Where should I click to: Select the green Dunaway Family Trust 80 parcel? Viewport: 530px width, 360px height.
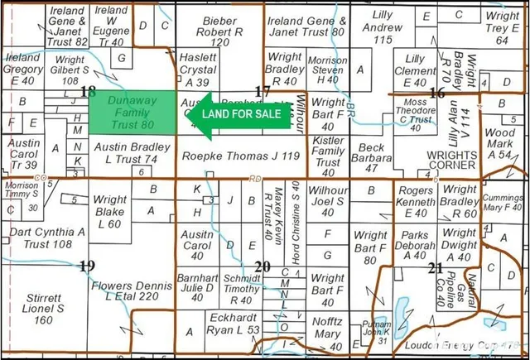click(x=131, y=112)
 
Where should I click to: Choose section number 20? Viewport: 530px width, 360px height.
click(x=263, y=266)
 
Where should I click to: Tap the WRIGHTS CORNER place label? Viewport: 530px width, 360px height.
click(x=450, y=160)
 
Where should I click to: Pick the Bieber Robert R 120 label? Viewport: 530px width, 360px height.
click(x=219, y=29)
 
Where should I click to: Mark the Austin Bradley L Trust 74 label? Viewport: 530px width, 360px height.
click(x=126, y=153)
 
